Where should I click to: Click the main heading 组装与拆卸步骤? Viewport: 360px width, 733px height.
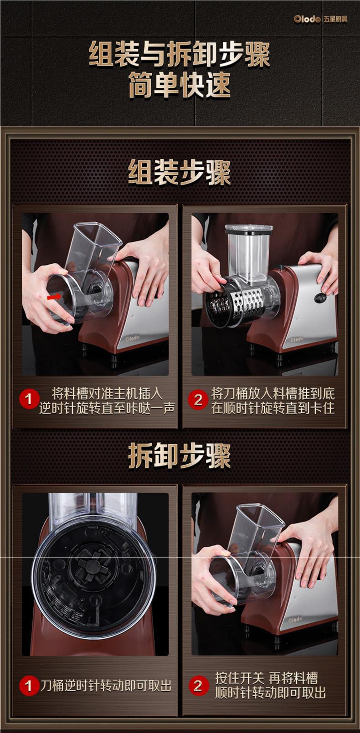point(180,55)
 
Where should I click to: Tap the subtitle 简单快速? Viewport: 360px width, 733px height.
point(180,84)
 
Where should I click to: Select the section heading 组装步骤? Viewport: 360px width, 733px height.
point(180,173)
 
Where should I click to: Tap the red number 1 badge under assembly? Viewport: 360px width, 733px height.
point(29,399)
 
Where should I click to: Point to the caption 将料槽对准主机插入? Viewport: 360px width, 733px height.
point(107,393)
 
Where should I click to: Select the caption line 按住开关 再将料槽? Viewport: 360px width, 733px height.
point(267,678)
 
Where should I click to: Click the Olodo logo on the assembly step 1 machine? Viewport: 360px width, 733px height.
point(133,338)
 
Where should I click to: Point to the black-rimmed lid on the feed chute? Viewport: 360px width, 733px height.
point(249,230)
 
